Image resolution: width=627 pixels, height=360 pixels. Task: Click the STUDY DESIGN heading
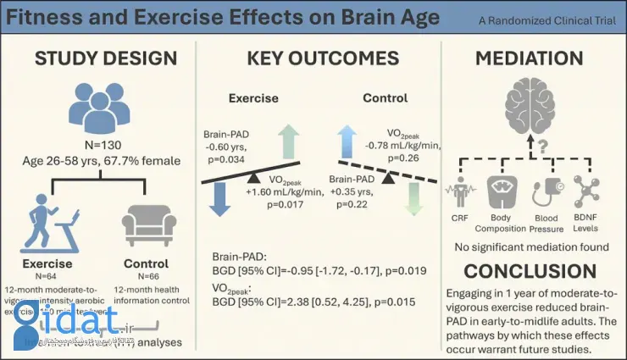(105, 58)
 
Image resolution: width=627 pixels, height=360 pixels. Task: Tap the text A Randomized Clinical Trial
(558, 19)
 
